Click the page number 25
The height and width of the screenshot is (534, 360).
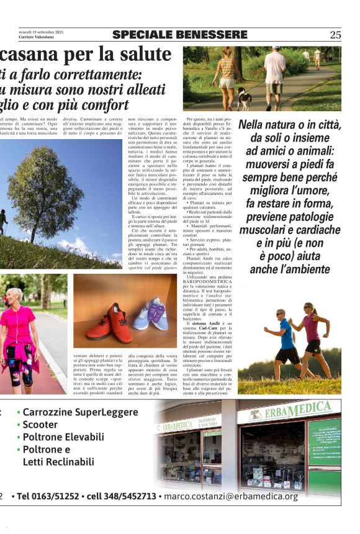click(335, 35)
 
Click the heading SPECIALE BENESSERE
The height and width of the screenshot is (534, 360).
click(180, 35)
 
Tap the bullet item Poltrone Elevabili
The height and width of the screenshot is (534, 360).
click(63, 437)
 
